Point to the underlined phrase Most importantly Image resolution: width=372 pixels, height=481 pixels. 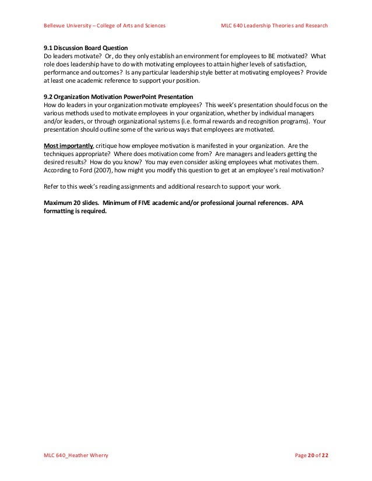click(x=67, y=145)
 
